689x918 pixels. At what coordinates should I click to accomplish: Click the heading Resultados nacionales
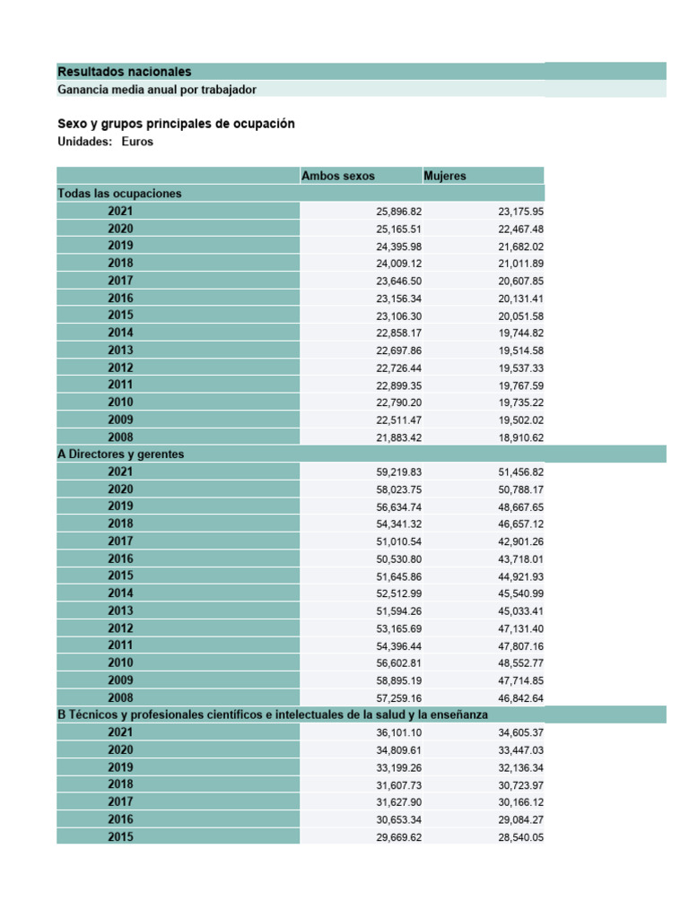click(x=124, y=72)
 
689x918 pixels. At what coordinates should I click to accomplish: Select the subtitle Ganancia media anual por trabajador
click(x=157, y=90)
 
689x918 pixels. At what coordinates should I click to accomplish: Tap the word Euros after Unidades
click(x=137, y=142)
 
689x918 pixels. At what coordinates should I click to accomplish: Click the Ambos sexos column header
click(x=338, y=176)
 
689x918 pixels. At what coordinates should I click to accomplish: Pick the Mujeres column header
click(x=445, y=176)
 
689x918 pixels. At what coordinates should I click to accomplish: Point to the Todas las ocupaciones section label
click(x=119, y=193)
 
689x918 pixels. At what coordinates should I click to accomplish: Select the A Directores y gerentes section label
click(x=120, y=454)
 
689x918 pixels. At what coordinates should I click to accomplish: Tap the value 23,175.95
click(x=521, y=212)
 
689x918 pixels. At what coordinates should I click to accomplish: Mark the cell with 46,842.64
click(x=521, y=697)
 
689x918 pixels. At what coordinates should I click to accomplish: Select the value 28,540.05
click(x=521, y=837)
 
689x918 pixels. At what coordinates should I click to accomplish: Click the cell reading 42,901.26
click(x=521, y=541)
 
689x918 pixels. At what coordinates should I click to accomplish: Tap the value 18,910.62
click(x=521, y=437)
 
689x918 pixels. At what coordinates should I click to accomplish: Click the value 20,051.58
click(x=521, y=316)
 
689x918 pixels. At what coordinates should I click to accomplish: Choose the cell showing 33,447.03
click(x=521, y=750)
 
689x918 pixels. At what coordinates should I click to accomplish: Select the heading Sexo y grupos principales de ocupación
click(x=176, y=124)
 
